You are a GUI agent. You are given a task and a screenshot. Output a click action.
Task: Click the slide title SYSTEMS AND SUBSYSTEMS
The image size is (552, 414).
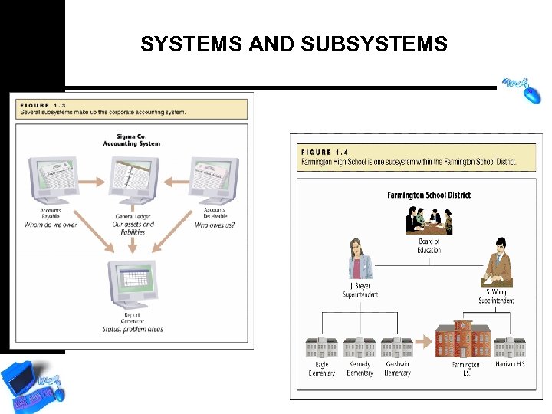tap(294, 44)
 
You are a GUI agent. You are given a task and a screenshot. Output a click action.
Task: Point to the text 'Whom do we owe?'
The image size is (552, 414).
tap(51, 225)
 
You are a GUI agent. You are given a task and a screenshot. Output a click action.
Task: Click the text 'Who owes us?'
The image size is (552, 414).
tap(215, 225)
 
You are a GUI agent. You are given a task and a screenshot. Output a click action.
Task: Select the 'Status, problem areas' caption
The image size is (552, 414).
tap(132, 330)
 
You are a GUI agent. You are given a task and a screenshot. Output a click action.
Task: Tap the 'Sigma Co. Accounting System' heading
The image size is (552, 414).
tap(132, 140)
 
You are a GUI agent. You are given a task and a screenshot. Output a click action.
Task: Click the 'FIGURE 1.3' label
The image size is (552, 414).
tap(44, 105)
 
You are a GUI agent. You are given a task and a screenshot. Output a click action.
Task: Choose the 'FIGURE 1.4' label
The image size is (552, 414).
tap(327, 152)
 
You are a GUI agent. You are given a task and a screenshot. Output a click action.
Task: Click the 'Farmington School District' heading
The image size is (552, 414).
tap(429, 195)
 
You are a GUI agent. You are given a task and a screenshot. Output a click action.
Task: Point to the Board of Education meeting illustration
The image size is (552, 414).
tap(429, 221)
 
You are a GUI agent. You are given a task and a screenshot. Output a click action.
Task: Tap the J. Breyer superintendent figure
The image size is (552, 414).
tap(360, 261)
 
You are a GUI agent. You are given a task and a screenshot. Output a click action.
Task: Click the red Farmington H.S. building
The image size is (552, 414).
tap(463, 340)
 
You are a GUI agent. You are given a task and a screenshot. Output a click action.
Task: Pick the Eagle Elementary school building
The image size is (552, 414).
tap(322, 347)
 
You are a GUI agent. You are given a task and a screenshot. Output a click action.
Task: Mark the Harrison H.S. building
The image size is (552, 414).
tap(508, 347)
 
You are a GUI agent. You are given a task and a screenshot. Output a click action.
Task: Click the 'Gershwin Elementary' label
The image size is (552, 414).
tap(397, 369)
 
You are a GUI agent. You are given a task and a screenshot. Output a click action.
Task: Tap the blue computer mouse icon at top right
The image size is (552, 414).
tap(523, 90)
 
